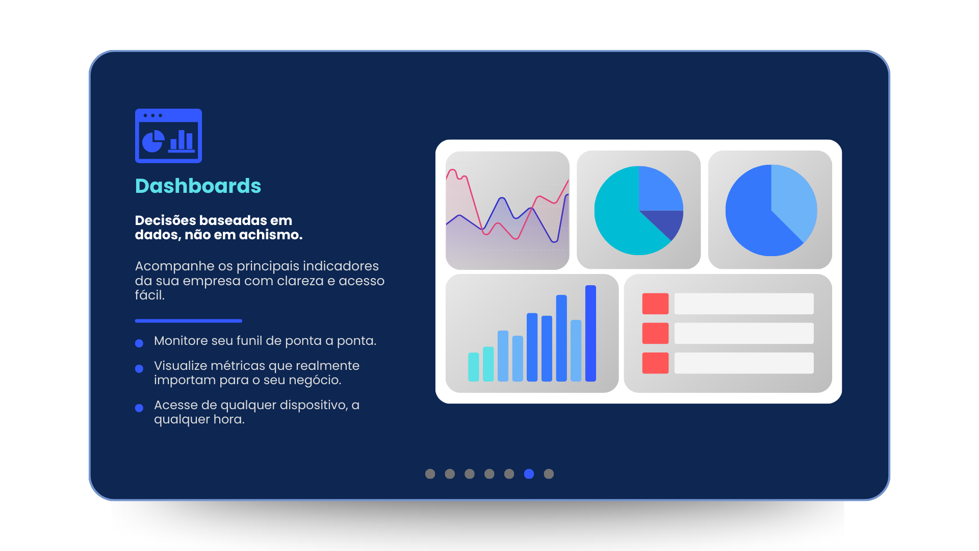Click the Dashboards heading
[x=198, y=186]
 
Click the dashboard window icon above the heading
[x=168, y=136]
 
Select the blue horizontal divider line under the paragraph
[x=189, y=321]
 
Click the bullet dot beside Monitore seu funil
[x=139, y=343]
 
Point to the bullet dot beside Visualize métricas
[x=139, y=368]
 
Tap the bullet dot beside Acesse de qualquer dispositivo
[x=139, y=408]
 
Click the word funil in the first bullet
[x=251, y=340]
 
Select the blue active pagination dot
[x=529, y=474]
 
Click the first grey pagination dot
[x=430, y=474]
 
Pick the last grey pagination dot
[x=549, y=474]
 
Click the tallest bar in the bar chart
[x=590, y=333]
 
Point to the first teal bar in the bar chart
[x=474, y=367]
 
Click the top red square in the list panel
[x=655, y=304]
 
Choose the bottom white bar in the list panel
[x=744, y=363]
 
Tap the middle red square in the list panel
[x=655, y=333]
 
